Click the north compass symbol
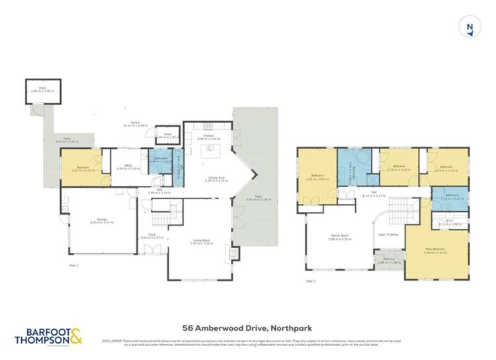pos(470,27)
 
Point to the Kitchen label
pos(207,137)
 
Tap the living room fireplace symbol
pos(230,252)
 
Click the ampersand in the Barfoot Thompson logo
pos(77,337)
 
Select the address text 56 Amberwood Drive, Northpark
pos(247,327)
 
